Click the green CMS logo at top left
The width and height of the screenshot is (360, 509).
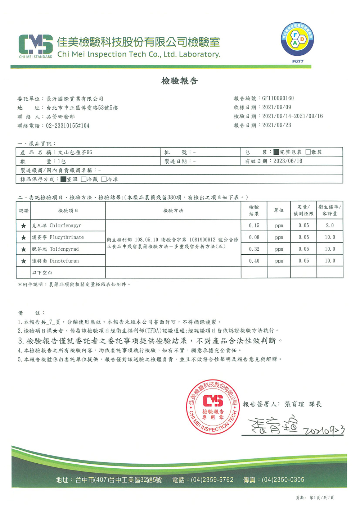[36, 46]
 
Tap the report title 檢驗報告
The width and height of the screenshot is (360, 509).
[179, 81]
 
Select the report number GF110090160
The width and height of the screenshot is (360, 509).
[278, 98]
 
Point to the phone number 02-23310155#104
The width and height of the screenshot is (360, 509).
[68, 126]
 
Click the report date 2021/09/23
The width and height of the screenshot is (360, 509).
[276, 125]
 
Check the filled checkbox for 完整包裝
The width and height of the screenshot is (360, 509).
[276, 152]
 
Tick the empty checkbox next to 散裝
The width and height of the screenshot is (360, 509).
[308, 152]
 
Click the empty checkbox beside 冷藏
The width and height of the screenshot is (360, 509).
[84, 179]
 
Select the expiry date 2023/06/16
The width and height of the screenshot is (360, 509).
[288, 161]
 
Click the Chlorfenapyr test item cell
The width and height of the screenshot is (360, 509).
[68, 226]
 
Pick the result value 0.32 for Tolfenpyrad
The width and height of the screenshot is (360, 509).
[254, 249]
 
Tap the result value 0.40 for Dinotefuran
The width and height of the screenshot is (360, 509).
[254, 261]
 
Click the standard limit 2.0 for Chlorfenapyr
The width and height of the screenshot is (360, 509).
[330, 226]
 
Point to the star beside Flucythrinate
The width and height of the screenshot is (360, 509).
[24, 237]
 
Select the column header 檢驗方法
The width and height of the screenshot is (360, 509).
[173, 210]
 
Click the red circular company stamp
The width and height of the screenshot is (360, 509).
[213, 407]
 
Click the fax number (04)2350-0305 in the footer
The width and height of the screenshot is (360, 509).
[283, 480]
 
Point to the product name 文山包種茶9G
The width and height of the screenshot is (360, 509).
[75, 152]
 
